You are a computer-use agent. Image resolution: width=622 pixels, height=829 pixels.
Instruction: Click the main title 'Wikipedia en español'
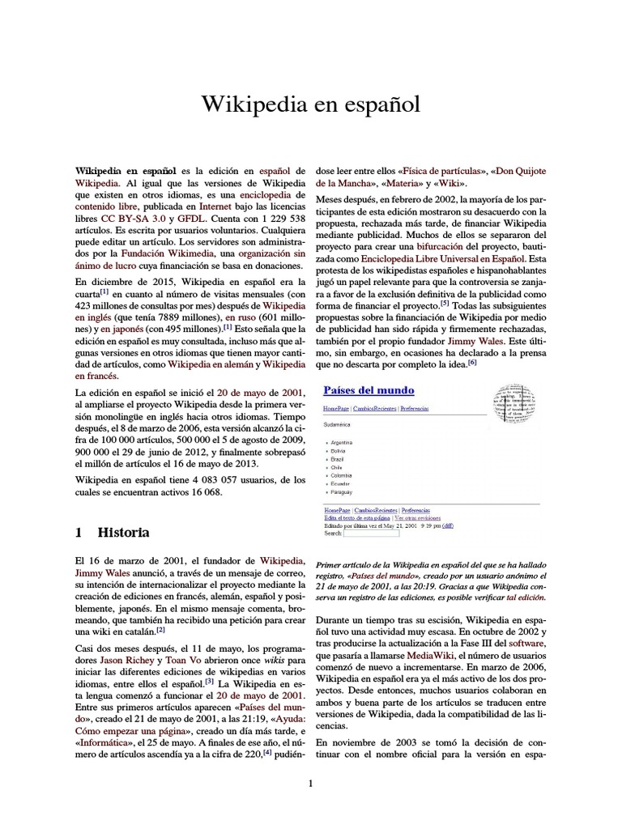[x=311, y=104]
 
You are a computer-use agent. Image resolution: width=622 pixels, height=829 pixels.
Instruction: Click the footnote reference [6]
[x=472, y=363]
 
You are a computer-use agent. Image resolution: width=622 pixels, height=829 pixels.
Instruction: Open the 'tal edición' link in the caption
[x=526, y=597]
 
